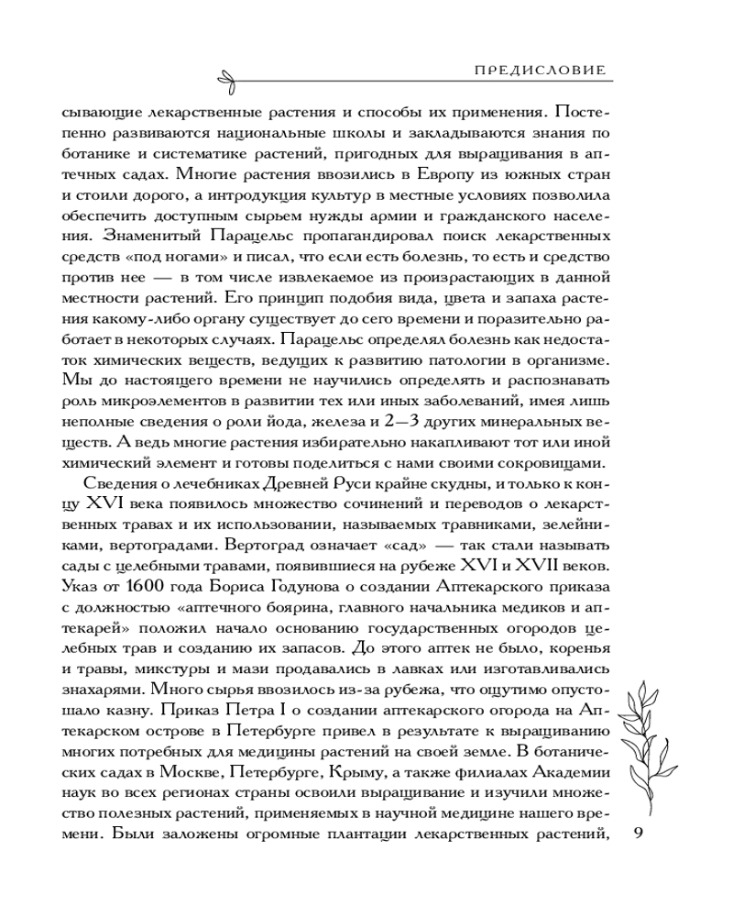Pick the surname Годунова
(293, 583)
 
